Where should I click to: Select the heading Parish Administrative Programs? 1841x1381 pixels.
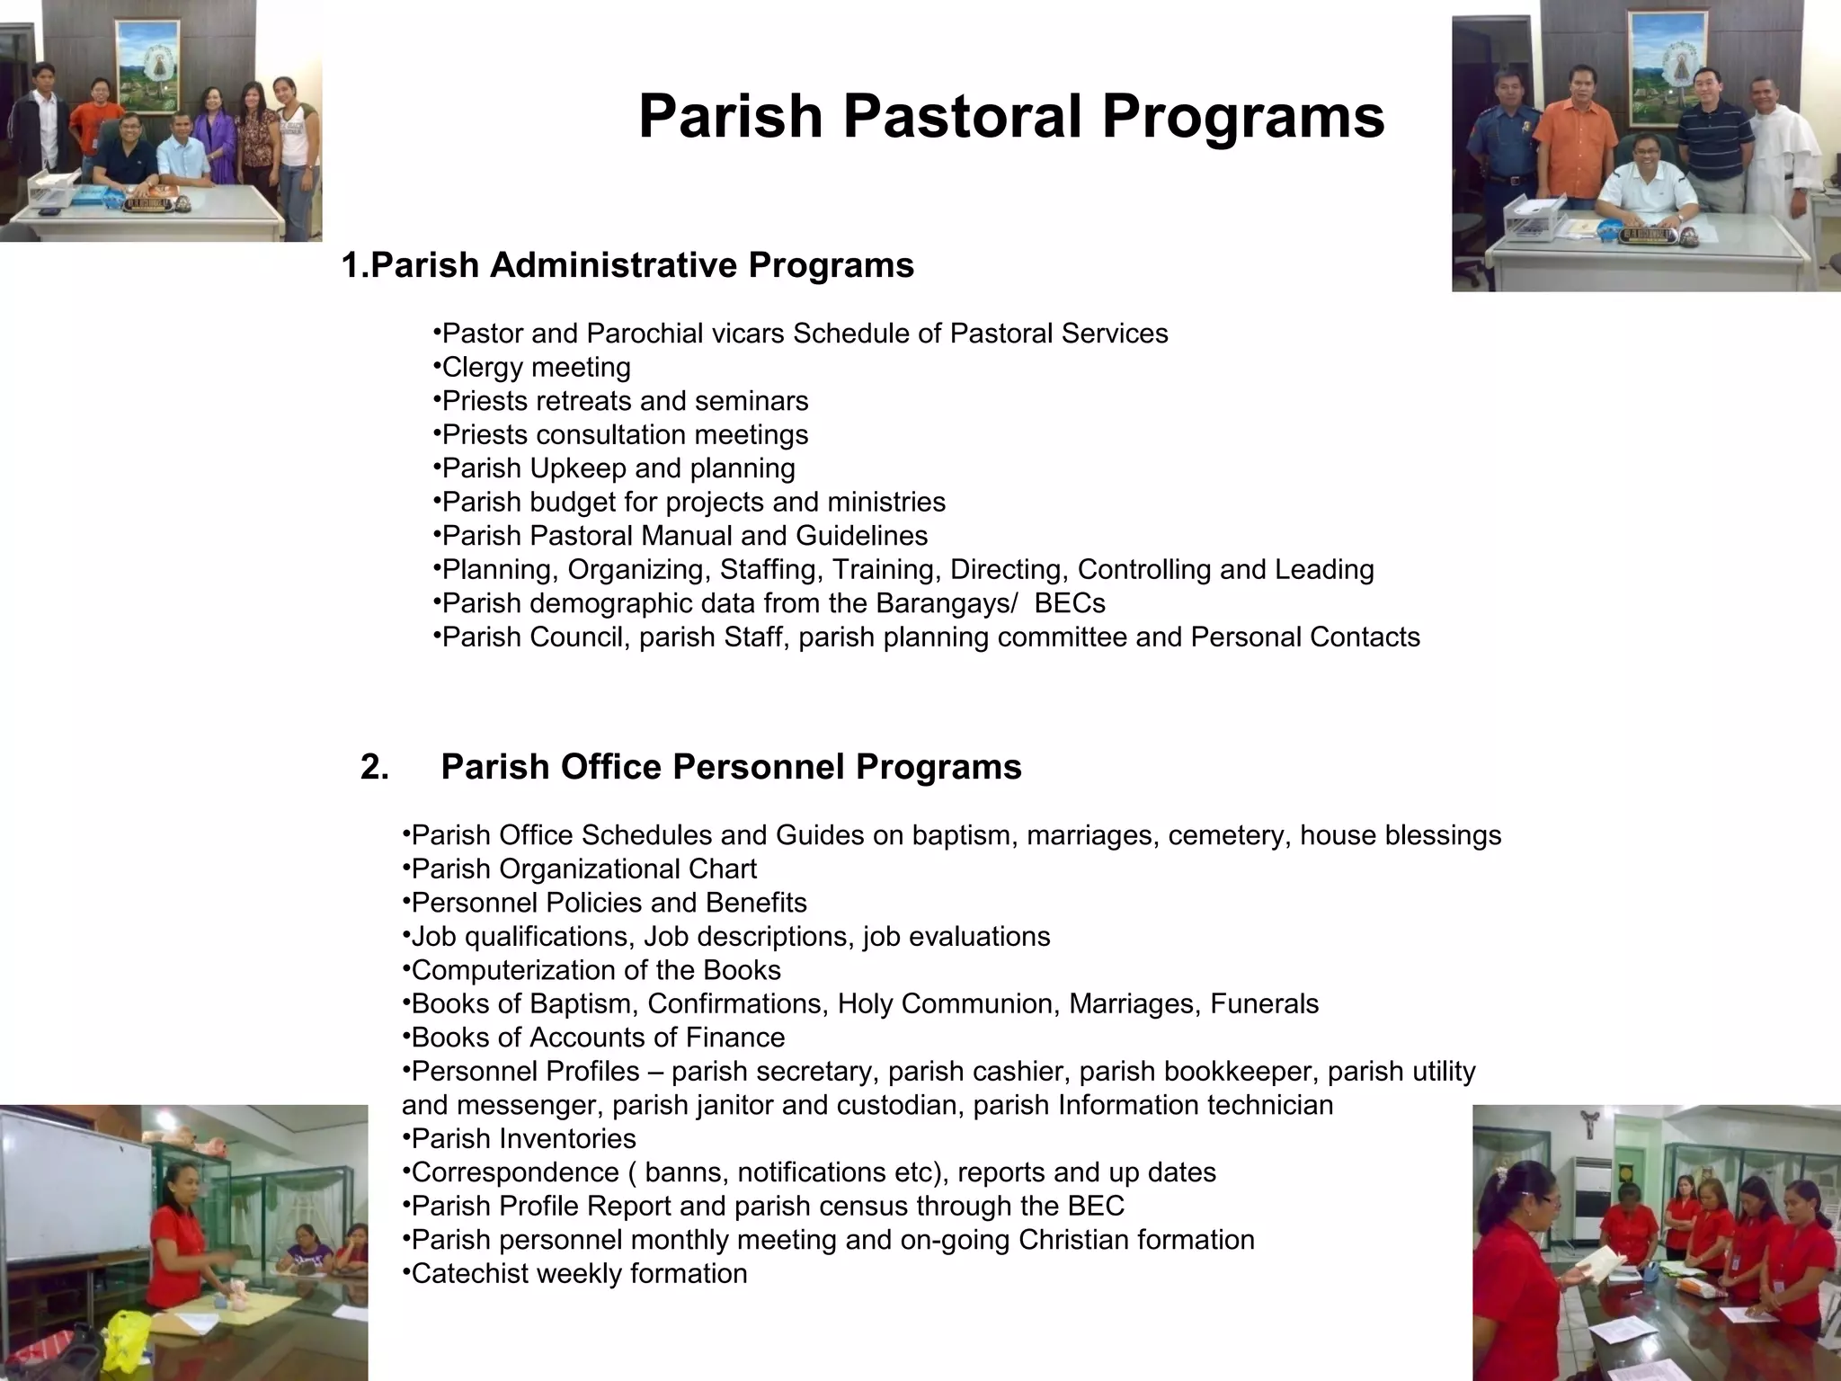coord(627,265)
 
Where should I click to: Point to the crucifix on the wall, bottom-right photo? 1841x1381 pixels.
coord(1590,1125)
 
